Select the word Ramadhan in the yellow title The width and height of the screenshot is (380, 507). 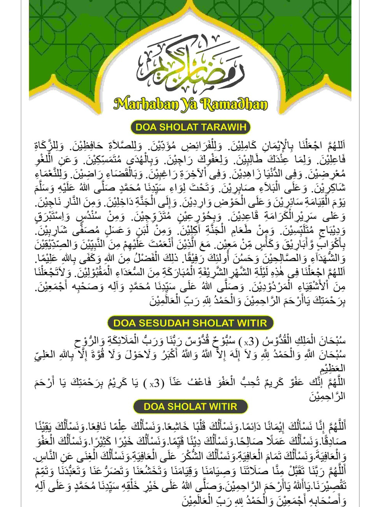point(234,104)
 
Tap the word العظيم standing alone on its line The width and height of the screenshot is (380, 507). point(332,368)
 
